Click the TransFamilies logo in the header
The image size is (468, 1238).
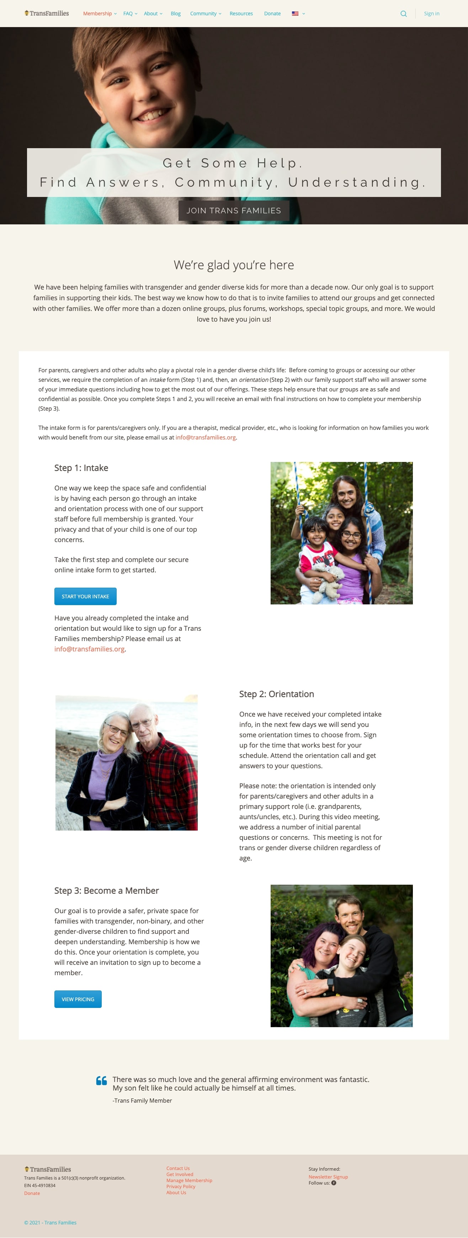pyautogui.click(x=47, y=14)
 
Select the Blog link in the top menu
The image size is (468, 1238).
pyautogui.click(x=176, y=14)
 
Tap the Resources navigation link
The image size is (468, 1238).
pyautogui.click(x=241, y=14)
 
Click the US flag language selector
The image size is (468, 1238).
pyautogui.click(x=296, y=14)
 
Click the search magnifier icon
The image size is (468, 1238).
pyautogui.click(x=404, y=14)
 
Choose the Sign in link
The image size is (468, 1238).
pyautogui.click(x=431, y=14)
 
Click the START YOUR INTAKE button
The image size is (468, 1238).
pyautogui.click(x=85, y=597)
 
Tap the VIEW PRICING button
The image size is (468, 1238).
pyautogui.click(x=78, y=999)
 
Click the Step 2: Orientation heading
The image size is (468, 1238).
pyautogui.click(x=276, y=694)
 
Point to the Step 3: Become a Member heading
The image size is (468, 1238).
pyautogui.click(x=107, y=890)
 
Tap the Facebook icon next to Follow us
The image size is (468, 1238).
pyautogui.click(x=334, y=1183)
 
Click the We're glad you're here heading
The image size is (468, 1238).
pyautogui.click(x=234, y=265)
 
